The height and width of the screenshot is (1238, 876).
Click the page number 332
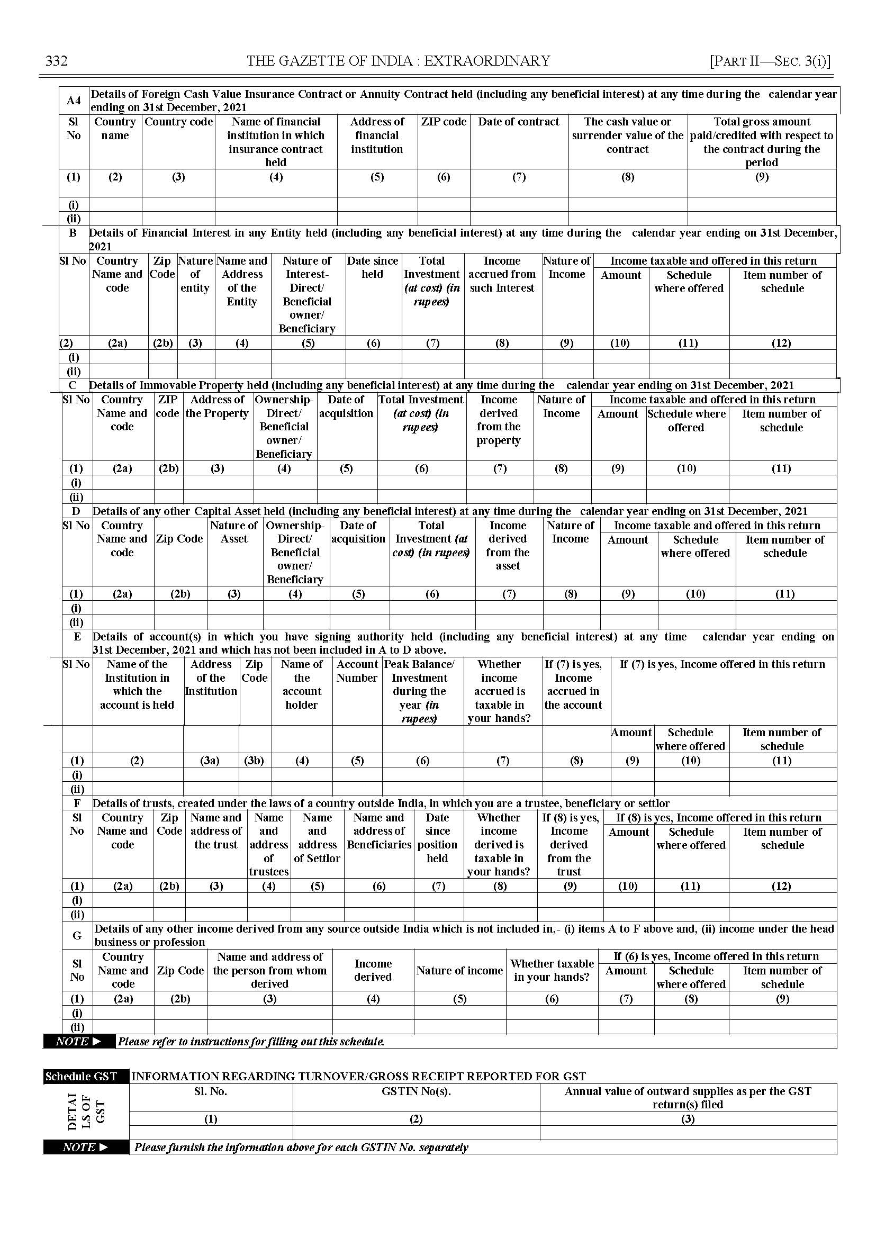pyautogui.click(x=56, y=61)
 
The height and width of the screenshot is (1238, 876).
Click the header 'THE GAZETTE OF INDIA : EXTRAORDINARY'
pyautogui.click(x=398, y=61)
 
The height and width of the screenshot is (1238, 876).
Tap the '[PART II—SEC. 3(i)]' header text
pyautogui.click(x=770, y=61)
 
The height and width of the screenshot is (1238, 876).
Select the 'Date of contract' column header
pyautogui.click(x=518, y=122)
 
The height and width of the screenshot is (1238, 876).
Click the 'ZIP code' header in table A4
pyautogui.click(x=444, y=122)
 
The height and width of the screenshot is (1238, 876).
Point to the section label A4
pyautogui.click(x=74, y=101)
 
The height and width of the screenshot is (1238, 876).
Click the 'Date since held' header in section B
pyautogui.click(x=373, y=268)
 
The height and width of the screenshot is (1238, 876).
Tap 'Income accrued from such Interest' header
pyautogui.click(x=502, y=275)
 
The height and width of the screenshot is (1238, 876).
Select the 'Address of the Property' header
pyautogui.click(x=218, y=406)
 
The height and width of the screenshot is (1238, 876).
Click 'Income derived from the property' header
pyautogui.click(x=500, y=420)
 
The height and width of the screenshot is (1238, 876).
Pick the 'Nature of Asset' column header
pyautogui.click(x=234, y=532)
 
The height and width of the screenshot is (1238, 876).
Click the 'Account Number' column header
pyautogui.click(x=357, y=671)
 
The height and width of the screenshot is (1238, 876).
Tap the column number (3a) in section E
pyautogui.click(x=210, y=761)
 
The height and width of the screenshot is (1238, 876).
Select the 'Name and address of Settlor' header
pyautogui.click(x=317, y=838)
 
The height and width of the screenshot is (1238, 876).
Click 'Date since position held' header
pyautogui.click(x=437, y=838)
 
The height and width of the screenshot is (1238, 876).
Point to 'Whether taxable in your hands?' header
pyautogui.click(x=552, y=970)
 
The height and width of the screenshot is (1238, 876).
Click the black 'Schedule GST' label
pyautogui.click(x=82, y=1077)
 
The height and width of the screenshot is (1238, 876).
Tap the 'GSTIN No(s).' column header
pyautogui.click(x=416, y=1091)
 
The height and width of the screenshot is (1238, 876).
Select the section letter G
pyautogui.click(x=77, y=936)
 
